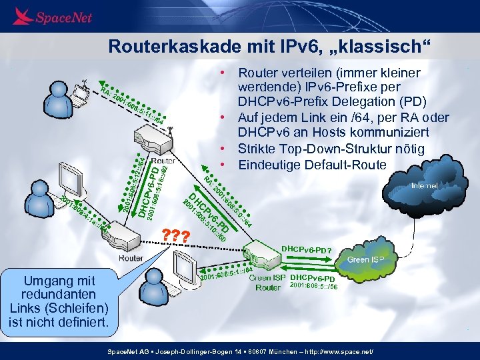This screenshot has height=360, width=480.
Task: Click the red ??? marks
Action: [x=177, y=235]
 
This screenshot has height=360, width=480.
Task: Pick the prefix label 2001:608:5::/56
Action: [x=314, y=287]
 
